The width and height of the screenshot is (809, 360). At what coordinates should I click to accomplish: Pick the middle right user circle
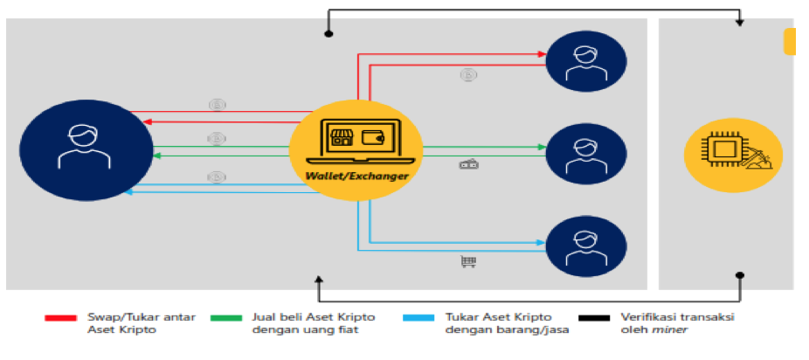(586, 154)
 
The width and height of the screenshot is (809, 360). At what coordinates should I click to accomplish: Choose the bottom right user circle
(586, 247)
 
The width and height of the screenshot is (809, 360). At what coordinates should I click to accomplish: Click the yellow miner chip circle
(733, 156)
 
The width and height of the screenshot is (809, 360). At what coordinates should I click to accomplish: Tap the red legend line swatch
(59, 317)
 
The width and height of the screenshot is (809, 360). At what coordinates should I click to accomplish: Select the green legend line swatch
(226, 317)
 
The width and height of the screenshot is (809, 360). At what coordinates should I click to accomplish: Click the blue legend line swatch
(418, 317)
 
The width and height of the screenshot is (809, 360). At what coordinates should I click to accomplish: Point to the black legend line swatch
(596, 317)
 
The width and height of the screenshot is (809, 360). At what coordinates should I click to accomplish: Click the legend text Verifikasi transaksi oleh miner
(676, 323)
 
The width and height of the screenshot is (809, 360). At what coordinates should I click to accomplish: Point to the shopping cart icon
(467, 260)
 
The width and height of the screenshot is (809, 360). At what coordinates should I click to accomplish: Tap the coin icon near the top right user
(467, 75)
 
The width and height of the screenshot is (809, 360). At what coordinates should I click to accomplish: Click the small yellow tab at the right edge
(790, 42)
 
